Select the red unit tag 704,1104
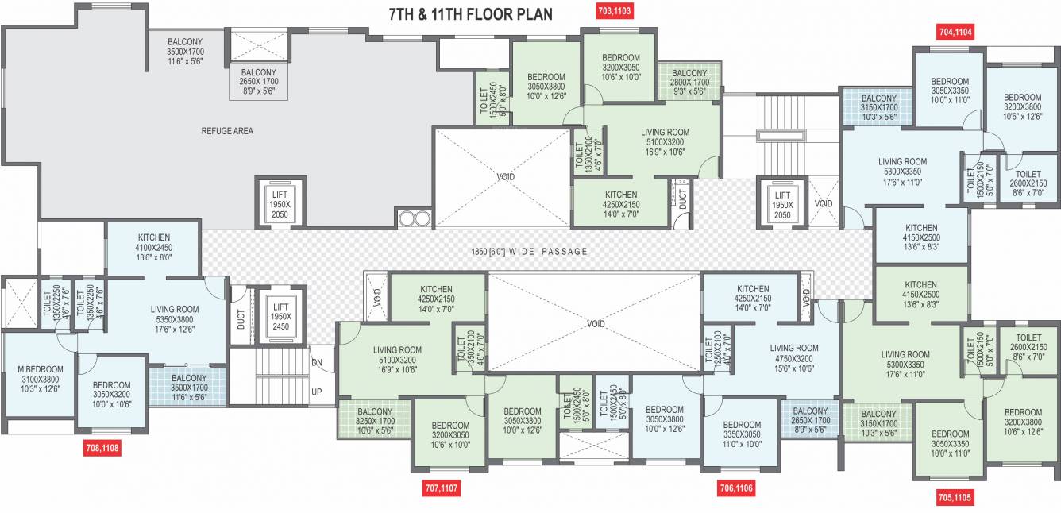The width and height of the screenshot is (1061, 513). [955, 32]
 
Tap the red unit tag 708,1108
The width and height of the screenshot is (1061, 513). [102, 448]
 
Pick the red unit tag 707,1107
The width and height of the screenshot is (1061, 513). [443, 487]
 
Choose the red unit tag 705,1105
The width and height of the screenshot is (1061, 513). [955, 497]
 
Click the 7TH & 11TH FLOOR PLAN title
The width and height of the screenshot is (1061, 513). [471, 14]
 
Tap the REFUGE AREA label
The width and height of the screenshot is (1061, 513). [227, 131]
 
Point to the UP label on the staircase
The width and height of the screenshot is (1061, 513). [317, 392]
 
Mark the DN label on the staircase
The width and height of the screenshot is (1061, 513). [317, 362]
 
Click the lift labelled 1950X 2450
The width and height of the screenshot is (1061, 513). [281, 316]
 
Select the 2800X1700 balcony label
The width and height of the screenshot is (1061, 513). [689, 82]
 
